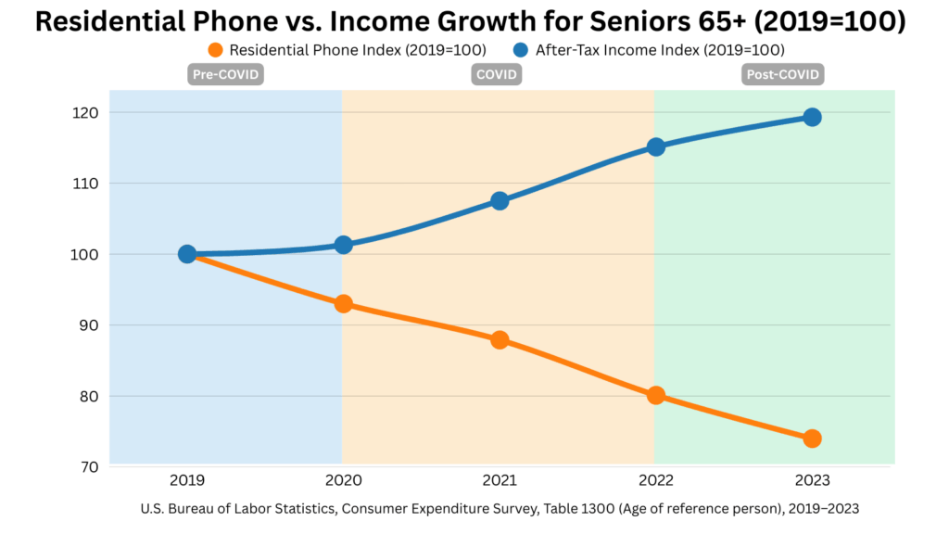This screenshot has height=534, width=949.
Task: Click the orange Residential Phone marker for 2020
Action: (343, 303)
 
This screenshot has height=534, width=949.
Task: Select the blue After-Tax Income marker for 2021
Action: (500, 200)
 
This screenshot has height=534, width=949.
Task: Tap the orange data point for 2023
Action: (812, 439)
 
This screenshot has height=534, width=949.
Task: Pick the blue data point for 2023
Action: (812, 117)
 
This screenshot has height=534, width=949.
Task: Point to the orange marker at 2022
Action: (656, 395)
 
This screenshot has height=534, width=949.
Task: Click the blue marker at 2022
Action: (656, 146)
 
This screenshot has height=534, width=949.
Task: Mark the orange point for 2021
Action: (500, 339)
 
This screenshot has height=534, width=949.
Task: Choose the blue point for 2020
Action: (343, 245)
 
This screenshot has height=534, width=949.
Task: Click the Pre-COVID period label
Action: (226, 75)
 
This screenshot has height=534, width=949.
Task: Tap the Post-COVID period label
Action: (783, 75)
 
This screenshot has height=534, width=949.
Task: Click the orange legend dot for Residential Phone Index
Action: (217, 49)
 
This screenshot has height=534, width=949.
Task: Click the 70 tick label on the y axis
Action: (89, 466)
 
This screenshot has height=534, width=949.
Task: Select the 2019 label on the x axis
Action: (187, 480)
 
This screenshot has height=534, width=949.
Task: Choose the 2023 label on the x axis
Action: (812, 480)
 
